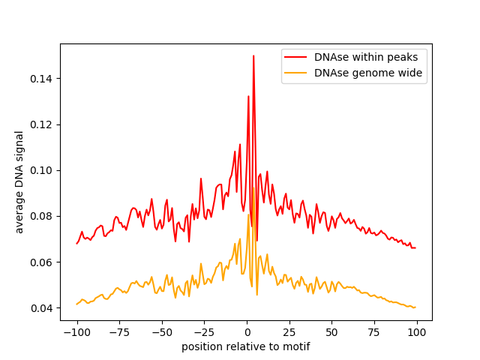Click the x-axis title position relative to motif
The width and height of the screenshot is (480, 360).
coord(246,346)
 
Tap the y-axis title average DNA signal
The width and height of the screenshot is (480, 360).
coord(19,182)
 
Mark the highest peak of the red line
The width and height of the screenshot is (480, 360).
coord(253,55)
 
